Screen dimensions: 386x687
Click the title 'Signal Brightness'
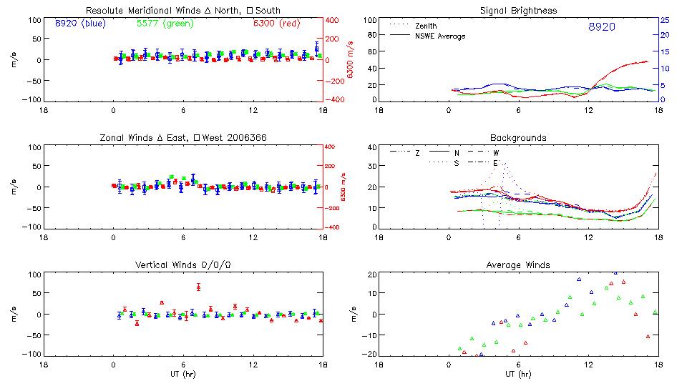click(x=517, y=10)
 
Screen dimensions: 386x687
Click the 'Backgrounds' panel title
click(x=517, y=137)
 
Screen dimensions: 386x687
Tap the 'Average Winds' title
click(x=517, y=264)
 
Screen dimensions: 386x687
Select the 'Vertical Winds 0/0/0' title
click(x=183, y=264)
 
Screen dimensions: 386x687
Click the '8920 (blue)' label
click(x=79, y=24)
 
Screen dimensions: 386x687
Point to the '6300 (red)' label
click(x=276, y=24)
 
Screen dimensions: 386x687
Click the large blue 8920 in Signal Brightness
click(x=601, y=27)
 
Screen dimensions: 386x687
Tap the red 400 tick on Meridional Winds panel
click(x=333, y=20)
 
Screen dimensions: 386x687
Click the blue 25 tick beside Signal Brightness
click(x=664, y=20)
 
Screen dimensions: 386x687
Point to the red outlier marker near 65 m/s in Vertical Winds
click(x=198, y=287)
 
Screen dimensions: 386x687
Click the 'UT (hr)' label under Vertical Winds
click(x=183, y=374)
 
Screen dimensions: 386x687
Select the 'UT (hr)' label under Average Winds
click(x=517, y=374)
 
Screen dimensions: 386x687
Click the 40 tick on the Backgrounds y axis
click(x=371, y=147)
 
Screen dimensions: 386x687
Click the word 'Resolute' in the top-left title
click(x=104, y=10)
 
